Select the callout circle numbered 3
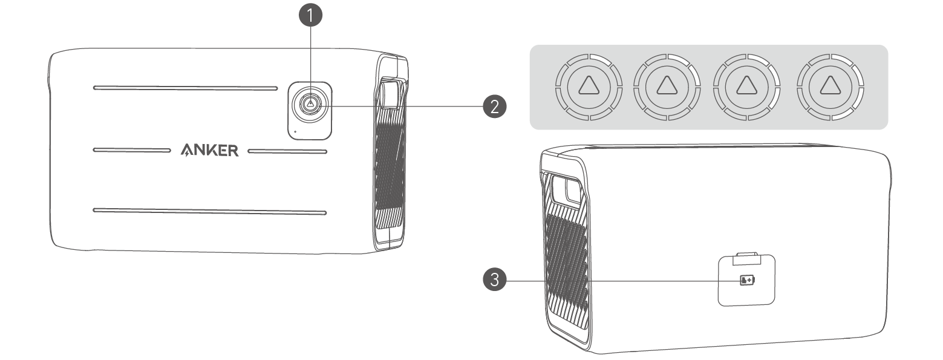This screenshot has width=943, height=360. [494, 281]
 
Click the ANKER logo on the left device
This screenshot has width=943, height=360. [210, 150]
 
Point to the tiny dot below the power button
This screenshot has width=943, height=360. [295, 130]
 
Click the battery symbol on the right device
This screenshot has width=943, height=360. [748, 280]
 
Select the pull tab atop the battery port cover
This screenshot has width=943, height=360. [746, 260]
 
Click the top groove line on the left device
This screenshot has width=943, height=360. [184, 88]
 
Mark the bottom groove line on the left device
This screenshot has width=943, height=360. [209, 211]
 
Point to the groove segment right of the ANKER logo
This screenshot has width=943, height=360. [288, 150]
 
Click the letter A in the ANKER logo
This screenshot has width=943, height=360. [188, 150]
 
